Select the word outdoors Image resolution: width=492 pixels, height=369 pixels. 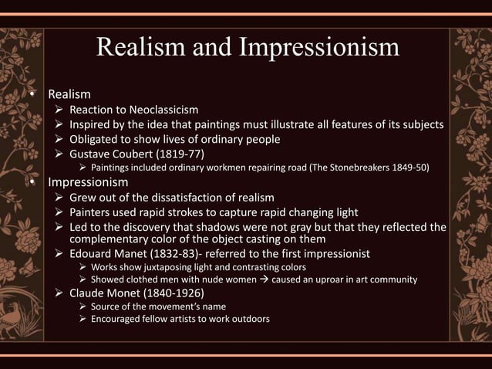pos(248,320)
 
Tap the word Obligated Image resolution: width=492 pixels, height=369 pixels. pos(96,139)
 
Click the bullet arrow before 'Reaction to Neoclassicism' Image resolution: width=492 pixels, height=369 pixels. pos(58,110)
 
